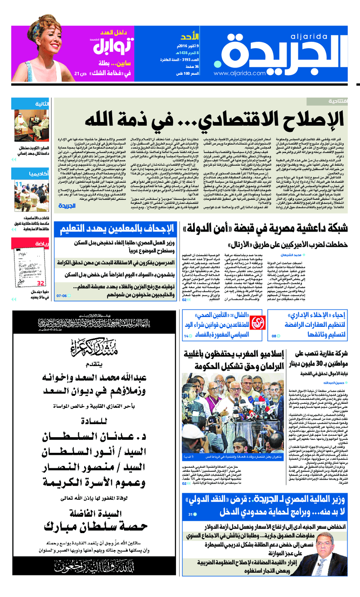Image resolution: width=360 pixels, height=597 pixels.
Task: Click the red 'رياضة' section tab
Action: pyautogui.click(x=43, y=244)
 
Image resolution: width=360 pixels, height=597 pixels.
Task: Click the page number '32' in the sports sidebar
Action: pyautogui.click(x=40, y=283)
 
